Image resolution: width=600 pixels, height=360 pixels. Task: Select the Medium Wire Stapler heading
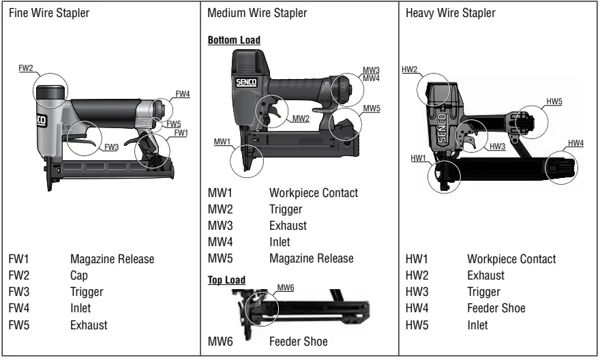pos(257,14)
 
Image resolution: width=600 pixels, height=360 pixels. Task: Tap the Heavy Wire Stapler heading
pos(451,14)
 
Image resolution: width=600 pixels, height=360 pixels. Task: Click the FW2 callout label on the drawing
pos(26,69)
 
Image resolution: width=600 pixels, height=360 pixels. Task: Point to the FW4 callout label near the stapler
pos(183,95)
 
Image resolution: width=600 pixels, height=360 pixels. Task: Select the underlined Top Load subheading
pos(226,280)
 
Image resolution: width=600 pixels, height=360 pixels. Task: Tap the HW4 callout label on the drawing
pos(576,143)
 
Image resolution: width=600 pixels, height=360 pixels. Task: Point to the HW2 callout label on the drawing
pos(410,70)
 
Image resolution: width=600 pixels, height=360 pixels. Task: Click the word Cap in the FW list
pos(78,275)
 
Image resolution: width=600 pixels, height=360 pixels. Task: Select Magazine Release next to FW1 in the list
pos(112,260)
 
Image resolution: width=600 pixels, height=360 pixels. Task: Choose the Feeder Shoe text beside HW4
pos(496,309)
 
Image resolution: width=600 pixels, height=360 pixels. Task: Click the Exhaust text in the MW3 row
pos(288,226)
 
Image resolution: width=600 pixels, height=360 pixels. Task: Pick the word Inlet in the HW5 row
pos(478,325)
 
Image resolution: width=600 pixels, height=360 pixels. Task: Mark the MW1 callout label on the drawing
pos(222,141)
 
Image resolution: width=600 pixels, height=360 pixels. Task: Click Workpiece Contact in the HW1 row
pos(511,260)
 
